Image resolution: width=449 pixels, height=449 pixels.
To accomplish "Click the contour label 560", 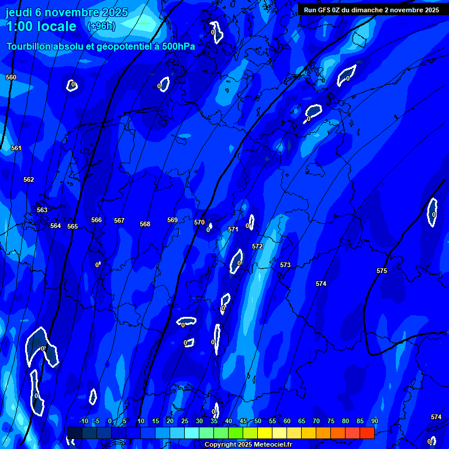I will click(x=11, y=77).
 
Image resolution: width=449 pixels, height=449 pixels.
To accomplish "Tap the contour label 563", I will click(x=42, y=210).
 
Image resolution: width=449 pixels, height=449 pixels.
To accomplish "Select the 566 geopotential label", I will click(x=96, y=220).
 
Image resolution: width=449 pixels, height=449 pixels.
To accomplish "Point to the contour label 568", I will click(x=145, y=224).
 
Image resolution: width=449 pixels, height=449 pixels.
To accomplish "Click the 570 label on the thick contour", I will click(x=199, y=222).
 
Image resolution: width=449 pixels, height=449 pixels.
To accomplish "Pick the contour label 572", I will click(x=257, y=246).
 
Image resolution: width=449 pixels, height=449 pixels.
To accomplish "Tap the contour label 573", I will click(x=285, y=265).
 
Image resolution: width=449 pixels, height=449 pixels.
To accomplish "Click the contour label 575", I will click(x=382, y=271).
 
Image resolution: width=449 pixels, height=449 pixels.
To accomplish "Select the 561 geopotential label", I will click(x=16, y=148).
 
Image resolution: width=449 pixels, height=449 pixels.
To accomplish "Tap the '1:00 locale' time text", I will click(x=41, y=26).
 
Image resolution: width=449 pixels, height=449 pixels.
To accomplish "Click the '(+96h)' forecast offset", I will click(x=101, y=26).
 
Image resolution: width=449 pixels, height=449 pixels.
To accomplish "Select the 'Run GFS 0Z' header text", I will click(x=323, y=10).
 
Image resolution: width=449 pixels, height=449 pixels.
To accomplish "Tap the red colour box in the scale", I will click(x=367, y=433).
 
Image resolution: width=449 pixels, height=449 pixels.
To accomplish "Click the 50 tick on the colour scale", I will click(x=258, y=422).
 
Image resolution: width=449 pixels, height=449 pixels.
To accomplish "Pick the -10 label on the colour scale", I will click(x=83, y=422).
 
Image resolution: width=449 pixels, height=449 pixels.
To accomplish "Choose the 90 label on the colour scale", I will click(x=374, y=422).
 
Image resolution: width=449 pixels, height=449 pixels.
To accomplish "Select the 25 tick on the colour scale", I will click(x=185, y=422).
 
